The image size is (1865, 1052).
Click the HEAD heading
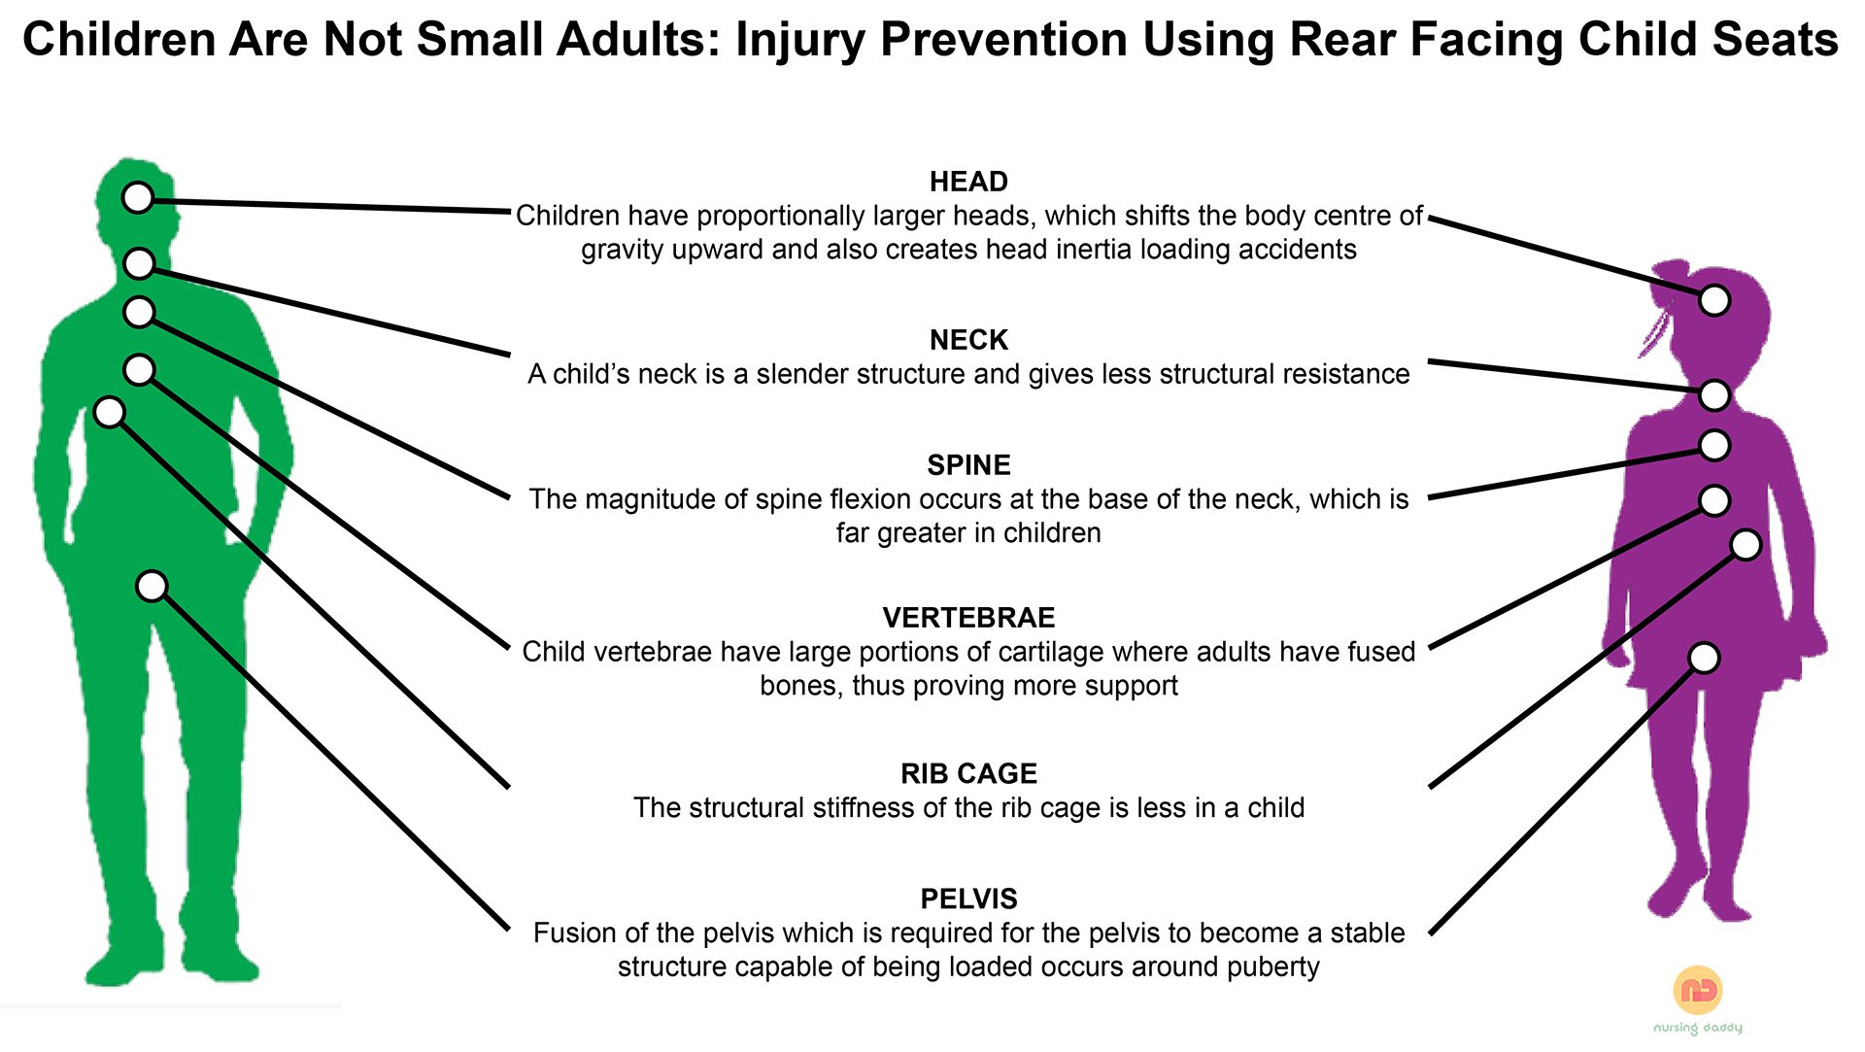(968, 182)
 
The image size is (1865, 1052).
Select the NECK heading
(968, 340)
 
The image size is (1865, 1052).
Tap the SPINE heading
(968, 465)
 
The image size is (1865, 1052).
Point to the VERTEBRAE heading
(968, 618)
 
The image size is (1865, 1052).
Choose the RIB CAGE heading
(968, 774)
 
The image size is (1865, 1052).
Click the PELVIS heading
(968, 899)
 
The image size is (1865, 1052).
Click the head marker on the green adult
(138, 197)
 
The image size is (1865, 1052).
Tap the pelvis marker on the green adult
(152, 586)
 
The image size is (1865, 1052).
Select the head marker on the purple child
(1714, 300)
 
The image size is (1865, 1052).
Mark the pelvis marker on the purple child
(1704, 658)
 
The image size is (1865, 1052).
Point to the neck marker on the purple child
(1714, 395)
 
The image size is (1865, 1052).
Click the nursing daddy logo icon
(1698, 990)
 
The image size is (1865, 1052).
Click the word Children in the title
(119, 41)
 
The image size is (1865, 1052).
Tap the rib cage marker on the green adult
(110, 412)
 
